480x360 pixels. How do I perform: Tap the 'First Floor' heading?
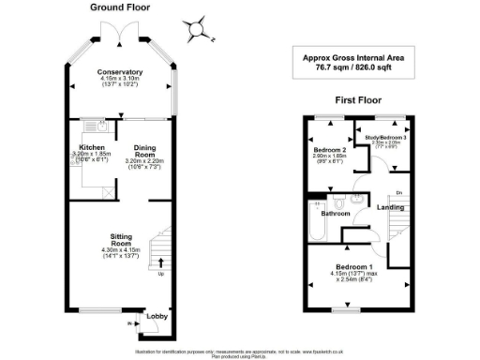coord(357,97)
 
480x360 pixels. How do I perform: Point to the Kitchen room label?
coord(92,147)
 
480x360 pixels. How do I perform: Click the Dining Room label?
coord(143,147)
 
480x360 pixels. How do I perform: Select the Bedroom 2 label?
coord(330,149)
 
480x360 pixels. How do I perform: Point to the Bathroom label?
coord(337,214)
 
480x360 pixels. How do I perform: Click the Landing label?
coord(390,208)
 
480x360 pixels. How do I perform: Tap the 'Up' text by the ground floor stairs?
coord(160,275)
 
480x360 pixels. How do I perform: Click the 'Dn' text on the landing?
coord(397,192)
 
